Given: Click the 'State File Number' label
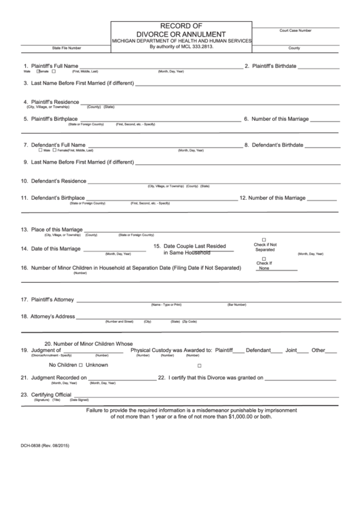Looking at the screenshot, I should coord(67,48).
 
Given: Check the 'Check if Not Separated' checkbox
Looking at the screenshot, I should coord(265,240).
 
